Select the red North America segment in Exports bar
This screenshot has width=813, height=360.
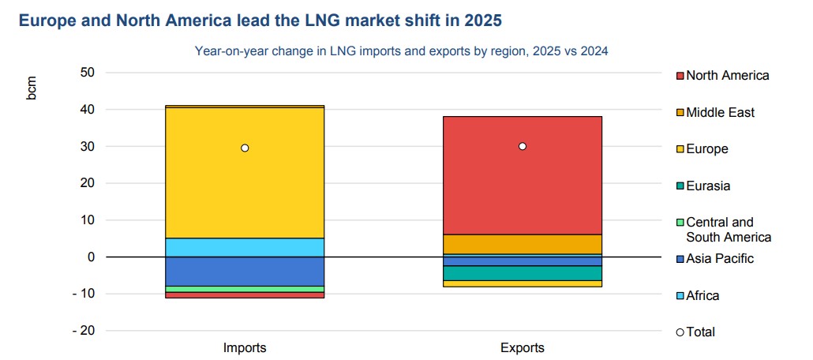pos(522,189)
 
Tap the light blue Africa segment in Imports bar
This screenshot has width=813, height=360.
pos(245,247)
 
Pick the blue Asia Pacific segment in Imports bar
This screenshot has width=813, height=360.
pos(245,271)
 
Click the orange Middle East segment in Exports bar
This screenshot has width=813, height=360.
pos(522,244)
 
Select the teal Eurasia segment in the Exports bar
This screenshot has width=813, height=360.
pos(522,273)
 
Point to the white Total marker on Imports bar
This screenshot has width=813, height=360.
pos(245,148)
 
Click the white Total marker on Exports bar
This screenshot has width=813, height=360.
pos(522,146)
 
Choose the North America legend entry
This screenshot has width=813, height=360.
pos(726,76)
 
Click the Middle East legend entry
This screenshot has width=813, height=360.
pos(719,113)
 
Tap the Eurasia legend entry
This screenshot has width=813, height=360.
pos(707,186)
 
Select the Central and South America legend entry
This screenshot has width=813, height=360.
pos(726,230)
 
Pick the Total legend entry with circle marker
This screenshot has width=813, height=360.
pos(699,332)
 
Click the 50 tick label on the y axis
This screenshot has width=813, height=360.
pos(88,73)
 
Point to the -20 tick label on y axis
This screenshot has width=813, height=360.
pos(83,331)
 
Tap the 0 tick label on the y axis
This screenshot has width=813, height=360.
pos(91,257)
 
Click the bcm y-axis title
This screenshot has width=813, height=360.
pos(32,89)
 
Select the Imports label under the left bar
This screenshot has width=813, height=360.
pos(245,347)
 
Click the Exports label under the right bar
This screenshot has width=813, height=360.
pos(522,347)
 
